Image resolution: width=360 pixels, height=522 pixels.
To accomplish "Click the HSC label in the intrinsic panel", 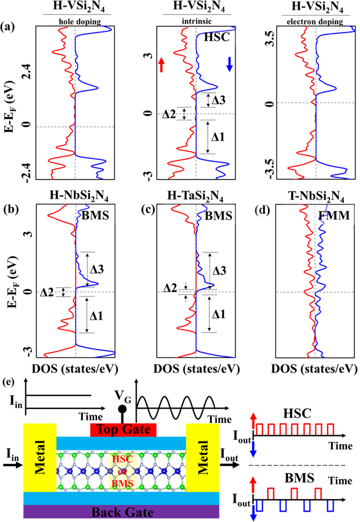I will pos(217,37).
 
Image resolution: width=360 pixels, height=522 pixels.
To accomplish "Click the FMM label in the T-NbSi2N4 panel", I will pos(334,216).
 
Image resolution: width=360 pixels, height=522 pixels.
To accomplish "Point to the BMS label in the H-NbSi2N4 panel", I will pos(95,216).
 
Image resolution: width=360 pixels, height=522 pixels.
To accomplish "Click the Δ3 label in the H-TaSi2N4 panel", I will pos(219,271).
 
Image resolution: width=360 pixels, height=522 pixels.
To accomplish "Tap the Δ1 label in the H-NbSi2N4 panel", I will pos(96,316).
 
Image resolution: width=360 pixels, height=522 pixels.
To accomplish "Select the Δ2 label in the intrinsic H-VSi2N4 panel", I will pos(169,114).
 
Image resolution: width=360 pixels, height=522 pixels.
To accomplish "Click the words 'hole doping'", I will pos(80,22).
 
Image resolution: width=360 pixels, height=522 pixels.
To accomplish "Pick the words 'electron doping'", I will pos(315,22).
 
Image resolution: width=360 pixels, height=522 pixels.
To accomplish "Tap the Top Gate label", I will pos(123,429).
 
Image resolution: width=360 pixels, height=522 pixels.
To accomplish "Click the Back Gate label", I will pos(122,512).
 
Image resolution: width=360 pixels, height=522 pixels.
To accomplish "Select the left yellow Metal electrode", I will pos(40,457).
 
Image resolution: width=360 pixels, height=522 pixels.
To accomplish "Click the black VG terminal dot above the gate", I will pos(122,409).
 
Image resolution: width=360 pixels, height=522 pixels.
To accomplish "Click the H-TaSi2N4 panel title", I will pos(195,197).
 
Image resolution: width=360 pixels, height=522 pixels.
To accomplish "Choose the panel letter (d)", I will pos(262,210).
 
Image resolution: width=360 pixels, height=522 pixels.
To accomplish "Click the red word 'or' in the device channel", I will pos(122,471).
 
